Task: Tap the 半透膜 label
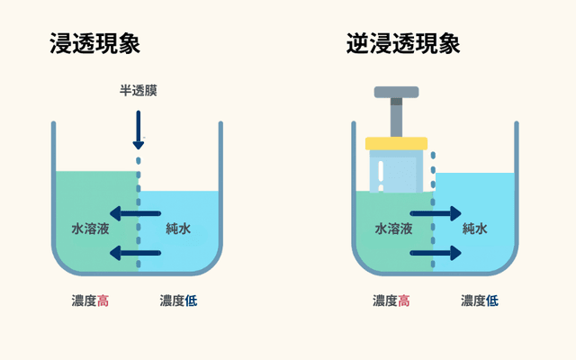(139, 92)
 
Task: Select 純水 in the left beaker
(178, 229)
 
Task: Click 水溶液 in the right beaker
(393, 229)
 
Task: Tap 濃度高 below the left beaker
(91, 301)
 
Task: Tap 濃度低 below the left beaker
(178, 301)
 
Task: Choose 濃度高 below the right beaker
(392, 301)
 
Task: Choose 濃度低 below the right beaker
(479, 301)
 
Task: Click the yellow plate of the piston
(396, 143)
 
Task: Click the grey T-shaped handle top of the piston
(396, 91)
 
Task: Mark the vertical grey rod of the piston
(396, 117)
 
